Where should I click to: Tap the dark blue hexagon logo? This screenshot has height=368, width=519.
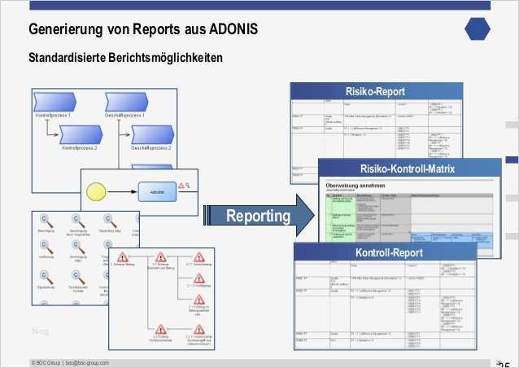(478, 28)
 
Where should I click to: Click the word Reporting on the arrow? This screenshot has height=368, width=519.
(258, 216)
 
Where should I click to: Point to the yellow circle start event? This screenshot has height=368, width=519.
(96, 193)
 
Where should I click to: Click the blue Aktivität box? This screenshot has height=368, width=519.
(158, 192)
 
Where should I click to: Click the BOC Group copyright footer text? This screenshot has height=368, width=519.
(70, 362)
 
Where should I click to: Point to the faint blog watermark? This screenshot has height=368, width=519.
(41, 331)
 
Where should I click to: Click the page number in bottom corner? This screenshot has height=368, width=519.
(504, 363)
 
